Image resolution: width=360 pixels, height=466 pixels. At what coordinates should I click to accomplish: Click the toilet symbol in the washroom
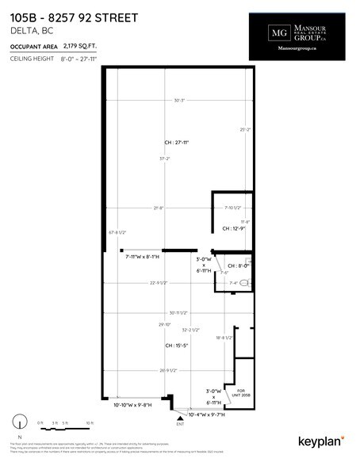245,283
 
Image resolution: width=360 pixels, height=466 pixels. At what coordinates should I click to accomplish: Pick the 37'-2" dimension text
164,159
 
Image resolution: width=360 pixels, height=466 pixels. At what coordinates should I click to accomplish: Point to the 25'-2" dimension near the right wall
244,129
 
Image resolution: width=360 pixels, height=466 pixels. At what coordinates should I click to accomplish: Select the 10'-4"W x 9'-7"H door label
208,414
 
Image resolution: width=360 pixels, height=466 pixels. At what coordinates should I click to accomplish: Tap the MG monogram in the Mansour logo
278,33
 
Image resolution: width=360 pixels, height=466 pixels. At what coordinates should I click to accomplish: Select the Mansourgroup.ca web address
299,49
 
